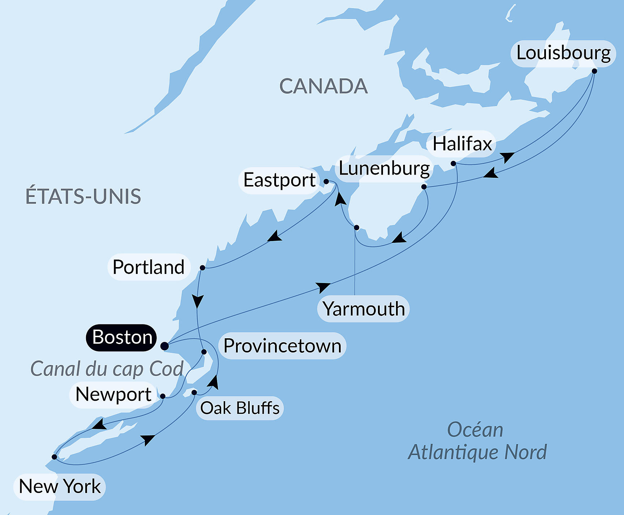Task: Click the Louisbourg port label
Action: click(563, 53)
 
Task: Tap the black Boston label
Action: click(122, 337)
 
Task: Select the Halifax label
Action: click(462, 144)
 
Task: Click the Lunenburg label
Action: click(384, 168)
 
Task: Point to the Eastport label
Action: click(279, 180)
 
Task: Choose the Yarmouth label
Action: click(363, 309)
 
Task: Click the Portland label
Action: click(149, 267)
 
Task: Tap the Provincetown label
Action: click(282, 346)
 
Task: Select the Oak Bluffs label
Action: click(240, 408)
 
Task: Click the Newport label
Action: click(113, 394)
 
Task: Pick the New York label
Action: click(60, 486)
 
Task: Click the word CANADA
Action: click(323, 86)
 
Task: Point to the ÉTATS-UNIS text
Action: click(83, 196)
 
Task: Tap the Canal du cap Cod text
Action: click(107, 369)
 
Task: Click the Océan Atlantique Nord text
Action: click(477, 441)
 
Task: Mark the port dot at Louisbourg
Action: click(594, 71)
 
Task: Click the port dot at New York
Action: click(54, 457)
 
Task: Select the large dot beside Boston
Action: click(164, 346)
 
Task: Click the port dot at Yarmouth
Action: click(356, 227)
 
